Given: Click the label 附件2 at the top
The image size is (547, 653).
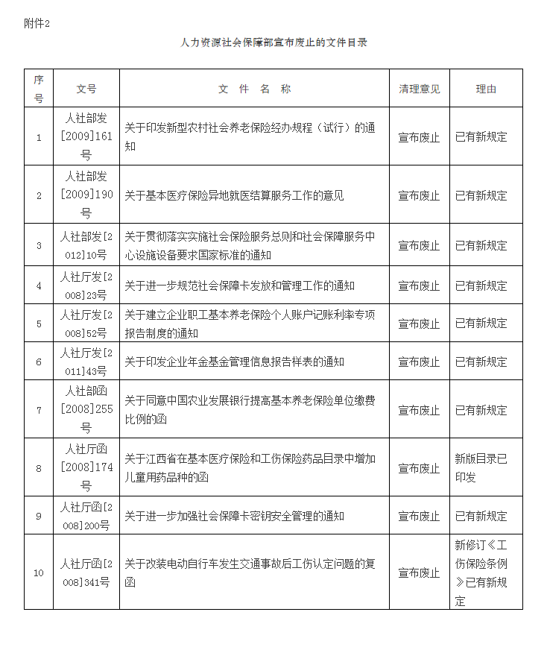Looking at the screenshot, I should [x=37, y=23].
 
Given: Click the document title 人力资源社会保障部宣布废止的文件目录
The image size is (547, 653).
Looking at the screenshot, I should [x=273, y=42].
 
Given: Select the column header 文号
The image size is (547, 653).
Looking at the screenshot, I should [x=86, y=89].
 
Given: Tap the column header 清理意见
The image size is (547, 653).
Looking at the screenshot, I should [x=420, y=89].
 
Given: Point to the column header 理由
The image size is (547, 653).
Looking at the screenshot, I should [x=486, y=89].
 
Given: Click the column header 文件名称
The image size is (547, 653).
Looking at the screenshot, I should [x=254, y=89].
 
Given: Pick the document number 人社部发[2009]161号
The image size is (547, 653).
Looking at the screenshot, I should [x=86, y=136].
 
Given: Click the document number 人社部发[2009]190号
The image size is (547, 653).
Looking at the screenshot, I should [x=86, y=195].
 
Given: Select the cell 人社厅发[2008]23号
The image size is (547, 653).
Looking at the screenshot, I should [x=86, y=286].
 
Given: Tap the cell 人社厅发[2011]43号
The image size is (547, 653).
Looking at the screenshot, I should [x=86, y=362].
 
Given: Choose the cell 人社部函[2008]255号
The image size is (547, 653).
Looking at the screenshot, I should [x=86, y=410].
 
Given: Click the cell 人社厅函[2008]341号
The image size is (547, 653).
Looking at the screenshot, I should [x=86, y=572].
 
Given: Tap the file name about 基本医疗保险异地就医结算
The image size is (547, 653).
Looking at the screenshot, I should [x=234, y=195].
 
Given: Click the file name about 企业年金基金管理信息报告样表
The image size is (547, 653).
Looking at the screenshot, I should [x=234, y=362].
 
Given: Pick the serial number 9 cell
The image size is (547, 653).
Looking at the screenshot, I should [x=39, y=516].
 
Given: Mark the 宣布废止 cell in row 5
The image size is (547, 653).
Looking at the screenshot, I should [x=420, y=324].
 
